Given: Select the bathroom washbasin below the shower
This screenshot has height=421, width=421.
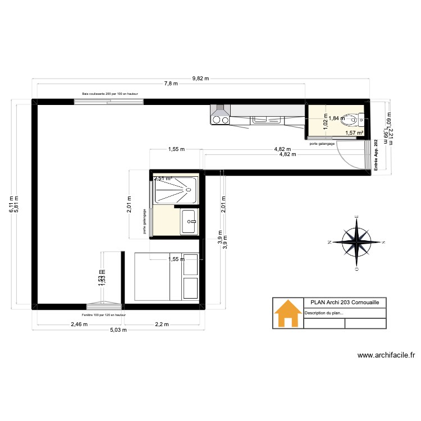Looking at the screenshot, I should coord(189,221).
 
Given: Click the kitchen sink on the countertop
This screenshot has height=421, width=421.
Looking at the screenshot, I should coord(262,119).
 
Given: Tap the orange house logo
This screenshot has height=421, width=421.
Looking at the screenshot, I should coord(287,313).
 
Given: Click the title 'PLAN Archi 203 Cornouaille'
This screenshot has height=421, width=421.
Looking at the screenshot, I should coord(345,303).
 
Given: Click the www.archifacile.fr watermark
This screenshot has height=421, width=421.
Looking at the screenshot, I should coord(385,355).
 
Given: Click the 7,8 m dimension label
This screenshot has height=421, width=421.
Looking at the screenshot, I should coord(171,84).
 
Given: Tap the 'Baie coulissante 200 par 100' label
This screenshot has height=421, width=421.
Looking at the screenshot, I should coord(110,94).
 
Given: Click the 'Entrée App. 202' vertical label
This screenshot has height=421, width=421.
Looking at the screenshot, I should coord(376,155).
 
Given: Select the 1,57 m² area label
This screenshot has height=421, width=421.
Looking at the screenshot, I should coord(354,133).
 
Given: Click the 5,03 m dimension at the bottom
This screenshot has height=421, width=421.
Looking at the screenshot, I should coord(118,330).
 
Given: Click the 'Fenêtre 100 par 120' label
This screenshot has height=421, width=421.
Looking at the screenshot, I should coord(104,315).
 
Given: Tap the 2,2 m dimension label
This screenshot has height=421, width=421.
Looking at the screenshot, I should coord(161,324).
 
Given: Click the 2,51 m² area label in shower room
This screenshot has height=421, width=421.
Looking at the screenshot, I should coord(163,179).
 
